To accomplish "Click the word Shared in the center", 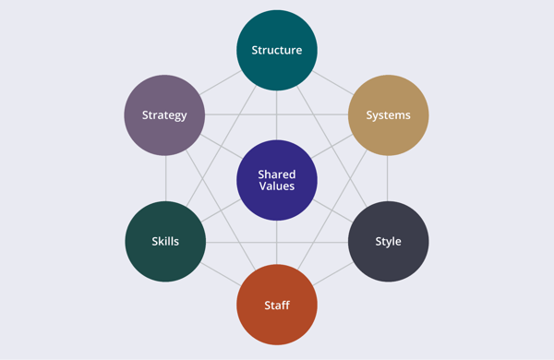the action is (x=277, y=173).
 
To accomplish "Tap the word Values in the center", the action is (x=277, y=186).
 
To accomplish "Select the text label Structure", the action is (x=277, y=50).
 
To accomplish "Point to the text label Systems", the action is (x=388, y=115).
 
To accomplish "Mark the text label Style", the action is (x=388, y=242).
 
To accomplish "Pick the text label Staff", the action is (x=277, y=305).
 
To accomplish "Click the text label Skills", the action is (x=165, y=242).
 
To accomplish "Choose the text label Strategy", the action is (x=164, y=115).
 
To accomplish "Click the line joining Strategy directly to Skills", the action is (x=165, y=178).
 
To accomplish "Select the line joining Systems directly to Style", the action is (x=388, y=178).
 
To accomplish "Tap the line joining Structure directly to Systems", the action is (x=332, y=82).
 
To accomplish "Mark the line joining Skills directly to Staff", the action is (x=221, y=273).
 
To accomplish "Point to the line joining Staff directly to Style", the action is (x=333, y=273).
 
